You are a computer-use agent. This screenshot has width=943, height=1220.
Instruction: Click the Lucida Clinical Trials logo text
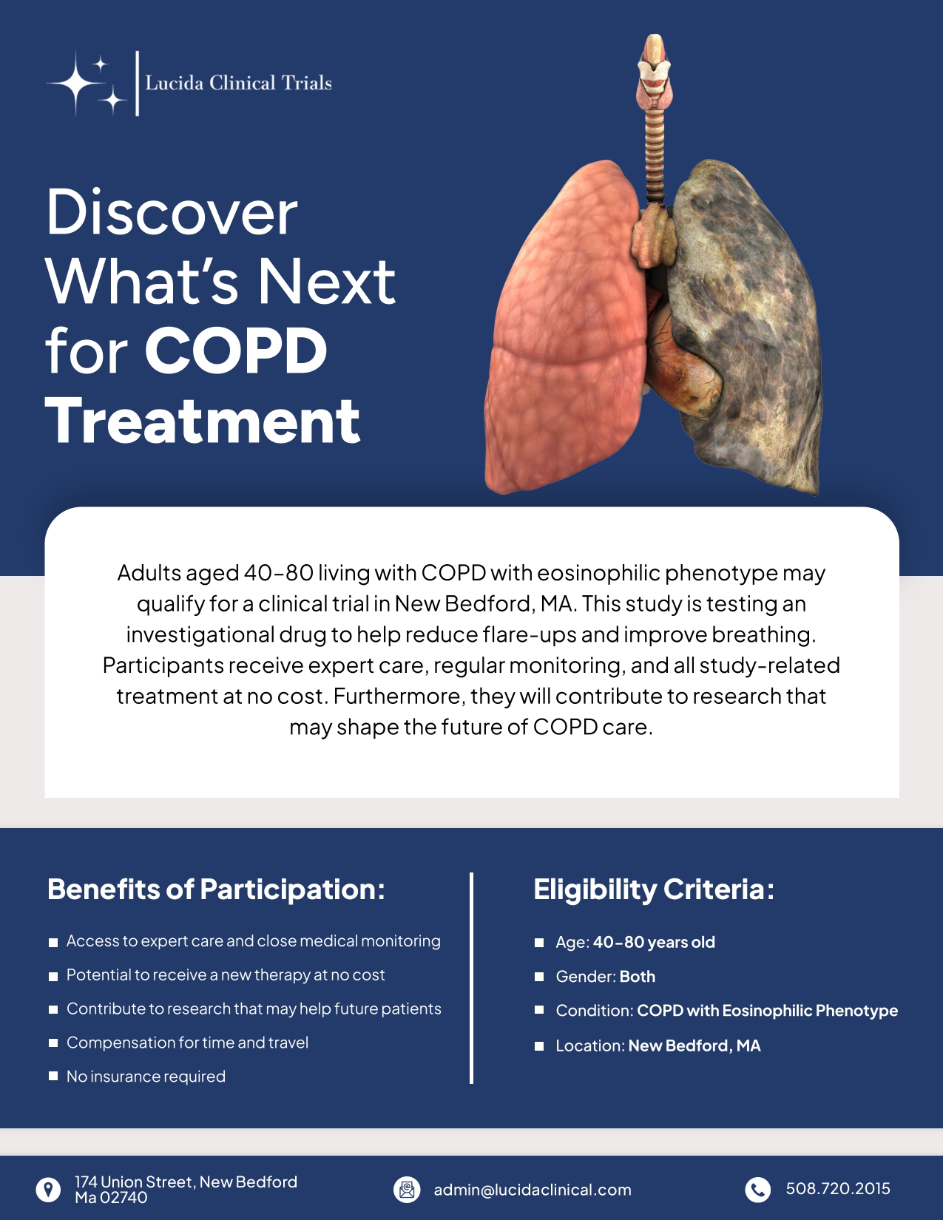click(x=238, y=83)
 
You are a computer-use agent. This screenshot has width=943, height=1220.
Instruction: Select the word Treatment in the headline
click(x=203, y=421)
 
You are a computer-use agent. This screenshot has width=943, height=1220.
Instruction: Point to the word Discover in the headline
click(x=172, y=212)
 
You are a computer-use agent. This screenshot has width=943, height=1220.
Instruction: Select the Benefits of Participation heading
click(x=216, y=889)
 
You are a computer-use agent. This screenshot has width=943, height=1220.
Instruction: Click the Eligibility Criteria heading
click(x=654, y=889)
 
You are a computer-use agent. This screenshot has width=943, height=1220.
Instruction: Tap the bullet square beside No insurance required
click(x=53, y=1077)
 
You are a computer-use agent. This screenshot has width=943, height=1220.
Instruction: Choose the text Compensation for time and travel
click(x=187, y=1043)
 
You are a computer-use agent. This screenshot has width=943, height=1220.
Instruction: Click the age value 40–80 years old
click(x=654, y=942)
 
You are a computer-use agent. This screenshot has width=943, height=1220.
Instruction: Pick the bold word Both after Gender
click(x=638, y=977)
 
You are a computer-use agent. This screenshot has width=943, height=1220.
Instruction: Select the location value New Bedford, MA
click(x=694, y=1046)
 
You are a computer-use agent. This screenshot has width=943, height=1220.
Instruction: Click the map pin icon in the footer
click(x=49, y=1190)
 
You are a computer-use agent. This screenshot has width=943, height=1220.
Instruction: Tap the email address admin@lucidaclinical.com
click(x=533, y=1190)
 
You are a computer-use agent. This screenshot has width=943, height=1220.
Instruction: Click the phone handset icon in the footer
click(x=757, y=1189)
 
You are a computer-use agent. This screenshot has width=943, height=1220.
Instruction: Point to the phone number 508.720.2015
click(x=838, y=1189)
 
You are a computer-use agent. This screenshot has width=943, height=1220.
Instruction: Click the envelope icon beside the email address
click(x=407, y=1190)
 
